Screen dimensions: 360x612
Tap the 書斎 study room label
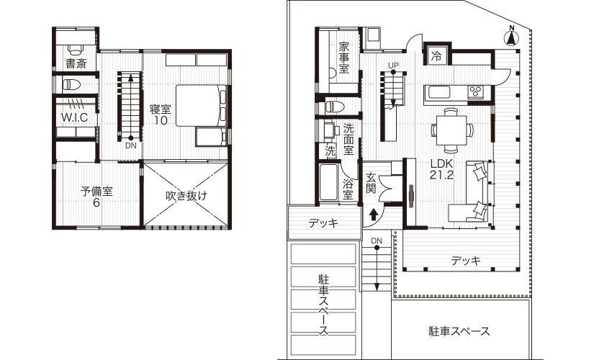coord(76,63)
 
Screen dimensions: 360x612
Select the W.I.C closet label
coord(74,117)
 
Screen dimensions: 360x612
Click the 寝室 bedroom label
coord(160,114)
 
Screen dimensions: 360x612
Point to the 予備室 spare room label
coord(96,197)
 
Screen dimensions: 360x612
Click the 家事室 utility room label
coord(344,58)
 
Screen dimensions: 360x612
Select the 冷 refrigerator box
coord(436,55)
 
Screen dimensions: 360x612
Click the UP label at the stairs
coord(393,66)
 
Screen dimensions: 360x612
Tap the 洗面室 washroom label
coord(348,139)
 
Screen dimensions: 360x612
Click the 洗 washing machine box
coord(330,151)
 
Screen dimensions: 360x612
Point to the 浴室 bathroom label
coord(348,189)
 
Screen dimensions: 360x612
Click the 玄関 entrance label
coord(372,183)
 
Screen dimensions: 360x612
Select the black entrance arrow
coord(374,213)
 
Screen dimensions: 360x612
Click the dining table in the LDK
coord(451,130)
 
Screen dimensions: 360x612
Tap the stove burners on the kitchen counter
coord(476,91)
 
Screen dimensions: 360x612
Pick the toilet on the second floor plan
coord(71,84)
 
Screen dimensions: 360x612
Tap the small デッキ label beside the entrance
coord(323,223)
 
